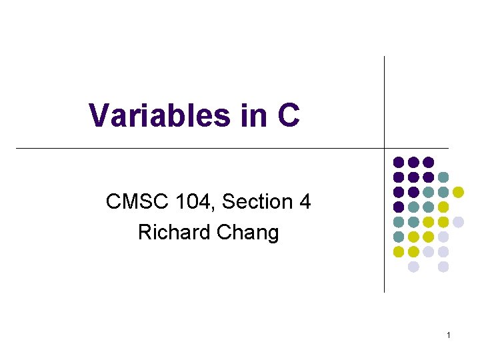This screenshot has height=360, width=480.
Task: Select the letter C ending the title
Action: pyautogui.click(x=287, y=115)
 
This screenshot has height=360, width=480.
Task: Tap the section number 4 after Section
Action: pyautogui.click(x=305, y=201)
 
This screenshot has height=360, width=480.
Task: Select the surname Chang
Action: pyautogui.click(x=247, y=233)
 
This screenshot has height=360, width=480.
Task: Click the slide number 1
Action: pyautogui.click(x=449, y=335)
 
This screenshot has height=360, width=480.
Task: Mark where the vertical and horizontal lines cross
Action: pyautogui.click(x=385, y=147)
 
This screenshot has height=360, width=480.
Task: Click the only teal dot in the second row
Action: pyautogui.click(x=443, y=177)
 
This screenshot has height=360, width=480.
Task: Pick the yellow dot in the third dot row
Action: pyautogui.click(x=458, y=192)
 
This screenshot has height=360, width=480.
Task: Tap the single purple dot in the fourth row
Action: pyautogui.click(x=399, y=207)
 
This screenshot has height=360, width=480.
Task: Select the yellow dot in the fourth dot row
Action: pyautogui.click(x=443, y=207)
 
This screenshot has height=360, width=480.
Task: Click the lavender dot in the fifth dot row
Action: pyautogui.click(x=458, y=222)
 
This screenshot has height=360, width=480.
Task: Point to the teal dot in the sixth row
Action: pyautogui.click(x=399, y=237)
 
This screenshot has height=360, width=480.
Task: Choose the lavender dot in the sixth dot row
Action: pyautogui.click(x=443, y=237)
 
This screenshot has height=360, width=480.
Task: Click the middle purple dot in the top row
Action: pyautogui.click(x=413, y=162)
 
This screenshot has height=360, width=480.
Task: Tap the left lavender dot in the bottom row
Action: pyautogui.click(x=413, y=267)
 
